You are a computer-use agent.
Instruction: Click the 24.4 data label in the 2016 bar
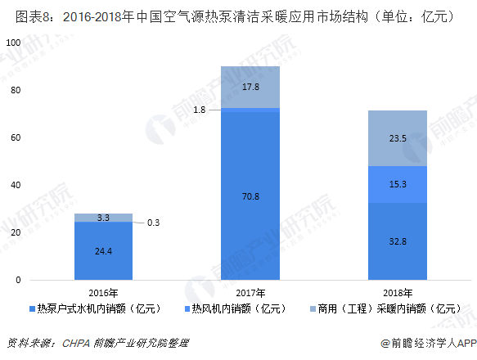pyautogui.click(x=103, y=250)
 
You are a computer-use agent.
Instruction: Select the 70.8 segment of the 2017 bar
pyautogui.click(x=250, y=196)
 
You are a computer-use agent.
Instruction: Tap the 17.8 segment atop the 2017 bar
pyautogui.click(x=250, y=87)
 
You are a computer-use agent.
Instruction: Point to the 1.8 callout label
pyautogui.click(x=199, y=109)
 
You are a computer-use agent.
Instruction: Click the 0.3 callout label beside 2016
pyautogui.click(x=153, y=222)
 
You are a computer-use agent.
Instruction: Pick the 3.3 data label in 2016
pyautogui.click(x=103, y=218)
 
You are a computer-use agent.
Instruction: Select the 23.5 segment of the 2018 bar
pyautogui.click(x=397, y=138)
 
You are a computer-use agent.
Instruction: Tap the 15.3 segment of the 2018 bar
pyautogui.click(x=397, y=184)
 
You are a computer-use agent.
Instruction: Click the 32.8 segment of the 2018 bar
pyautogui.click(x=397, y=241)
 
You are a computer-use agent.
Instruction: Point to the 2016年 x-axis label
pyautogui.click(x=103, y=292)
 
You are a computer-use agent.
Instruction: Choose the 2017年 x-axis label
pyautogui.click(x=250, y=292)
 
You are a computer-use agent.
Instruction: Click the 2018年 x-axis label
pyautogui.click(x=397, y=292)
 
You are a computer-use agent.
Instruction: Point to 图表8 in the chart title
pyautogui.click(x=22, y=16)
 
